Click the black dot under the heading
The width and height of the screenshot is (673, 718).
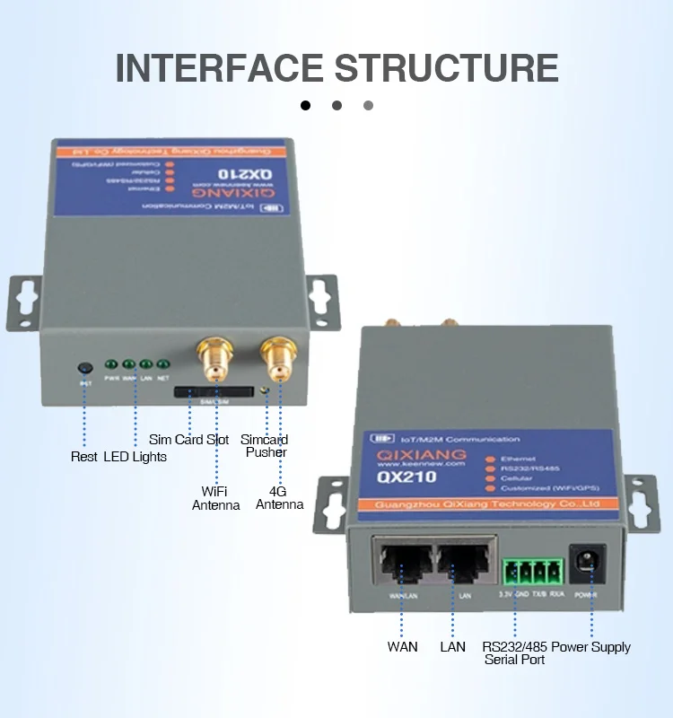coord(305,105)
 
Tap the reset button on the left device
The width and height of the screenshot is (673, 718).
coord(85,367)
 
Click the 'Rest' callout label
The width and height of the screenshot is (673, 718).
coord(84,457)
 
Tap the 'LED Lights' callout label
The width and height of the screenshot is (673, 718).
coord(135,457)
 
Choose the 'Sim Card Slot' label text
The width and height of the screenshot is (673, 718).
coord(188,441)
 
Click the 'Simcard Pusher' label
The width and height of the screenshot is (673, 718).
coord(266,446)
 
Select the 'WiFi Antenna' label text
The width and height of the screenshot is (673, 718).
coord(216,498)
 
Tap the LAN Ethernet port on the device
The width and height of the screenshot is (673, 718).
coord(463,561)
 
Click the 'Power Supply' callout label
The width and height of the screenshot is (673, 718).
coord(590,647)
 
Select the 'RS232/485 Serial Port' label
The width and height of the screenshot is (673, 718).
coord(514,652)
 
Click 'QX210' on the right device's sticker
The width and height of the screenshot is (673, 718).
coord(406,477)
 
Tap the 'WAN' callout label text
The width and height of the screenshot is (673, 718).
coord(402,647)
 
